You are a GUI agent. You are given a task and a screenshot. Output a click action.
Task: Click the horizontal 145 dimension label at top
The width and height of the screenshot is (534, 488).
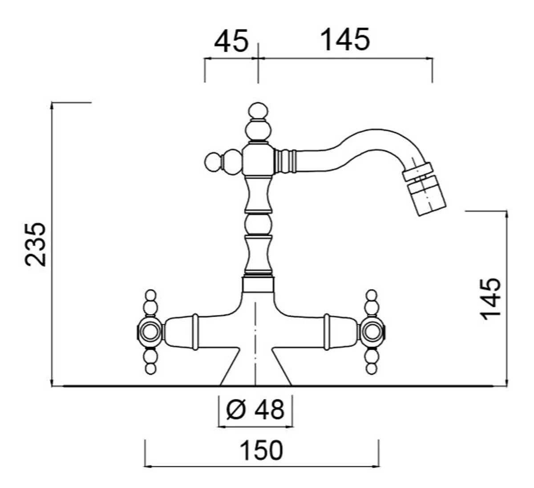(345, 40)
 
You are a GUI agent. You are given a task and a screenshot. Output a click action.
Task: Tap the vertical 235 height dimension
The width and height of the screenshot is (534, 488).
(36, 244)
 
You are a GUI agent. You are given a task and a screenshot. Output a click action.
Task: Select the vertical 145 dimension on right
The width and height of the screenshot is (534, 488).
(491, 298)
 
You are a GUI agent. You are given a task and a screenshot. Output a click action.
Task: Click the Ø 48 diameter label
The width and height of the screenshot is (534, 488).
(255, 410)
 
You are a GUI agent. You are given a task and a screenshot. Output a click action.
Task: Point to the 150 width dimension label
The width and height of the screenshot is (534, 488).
(261, 450)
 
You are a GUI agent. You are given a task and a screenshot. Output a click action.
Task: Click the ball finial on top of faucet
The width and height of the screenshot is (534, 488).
(259, 111)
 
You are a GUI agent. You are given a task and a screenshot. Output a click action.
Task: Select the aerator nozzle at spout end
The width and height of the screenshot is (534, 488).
(425, 191)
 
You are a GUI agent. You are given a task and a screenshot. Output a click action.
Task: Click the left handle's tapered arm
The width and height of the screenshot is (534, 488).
(180, 331)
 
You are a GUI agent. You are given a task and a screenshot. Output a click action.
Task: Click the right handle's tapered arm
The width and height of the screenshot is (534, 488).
(340, 331)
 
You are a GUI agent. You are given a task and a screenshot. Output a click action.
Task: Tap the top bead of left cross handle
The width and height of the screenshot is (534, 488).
(151, 295)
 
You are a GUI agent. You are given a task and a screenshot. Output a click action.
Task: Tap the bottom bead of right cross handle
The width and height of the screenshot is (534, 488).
(371, 368)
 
